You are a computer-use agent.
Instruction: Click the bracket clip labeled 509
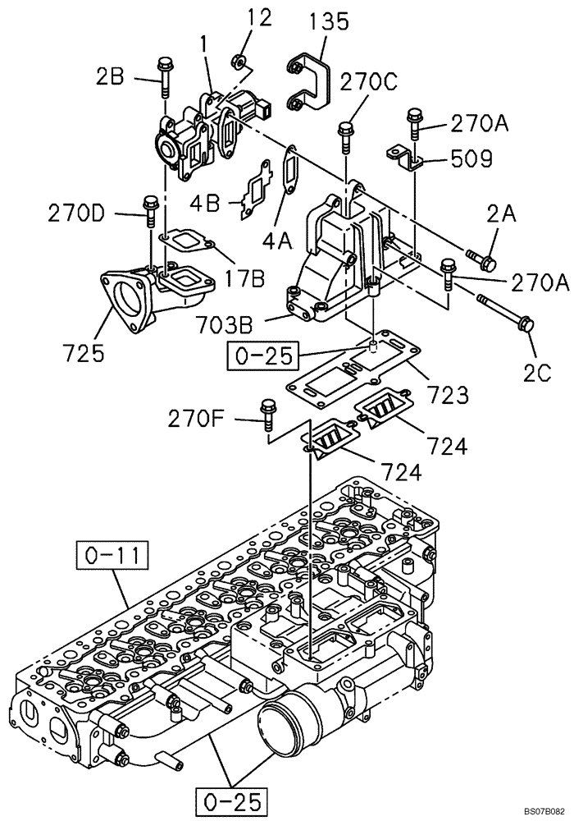click(x=404, y=158)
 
